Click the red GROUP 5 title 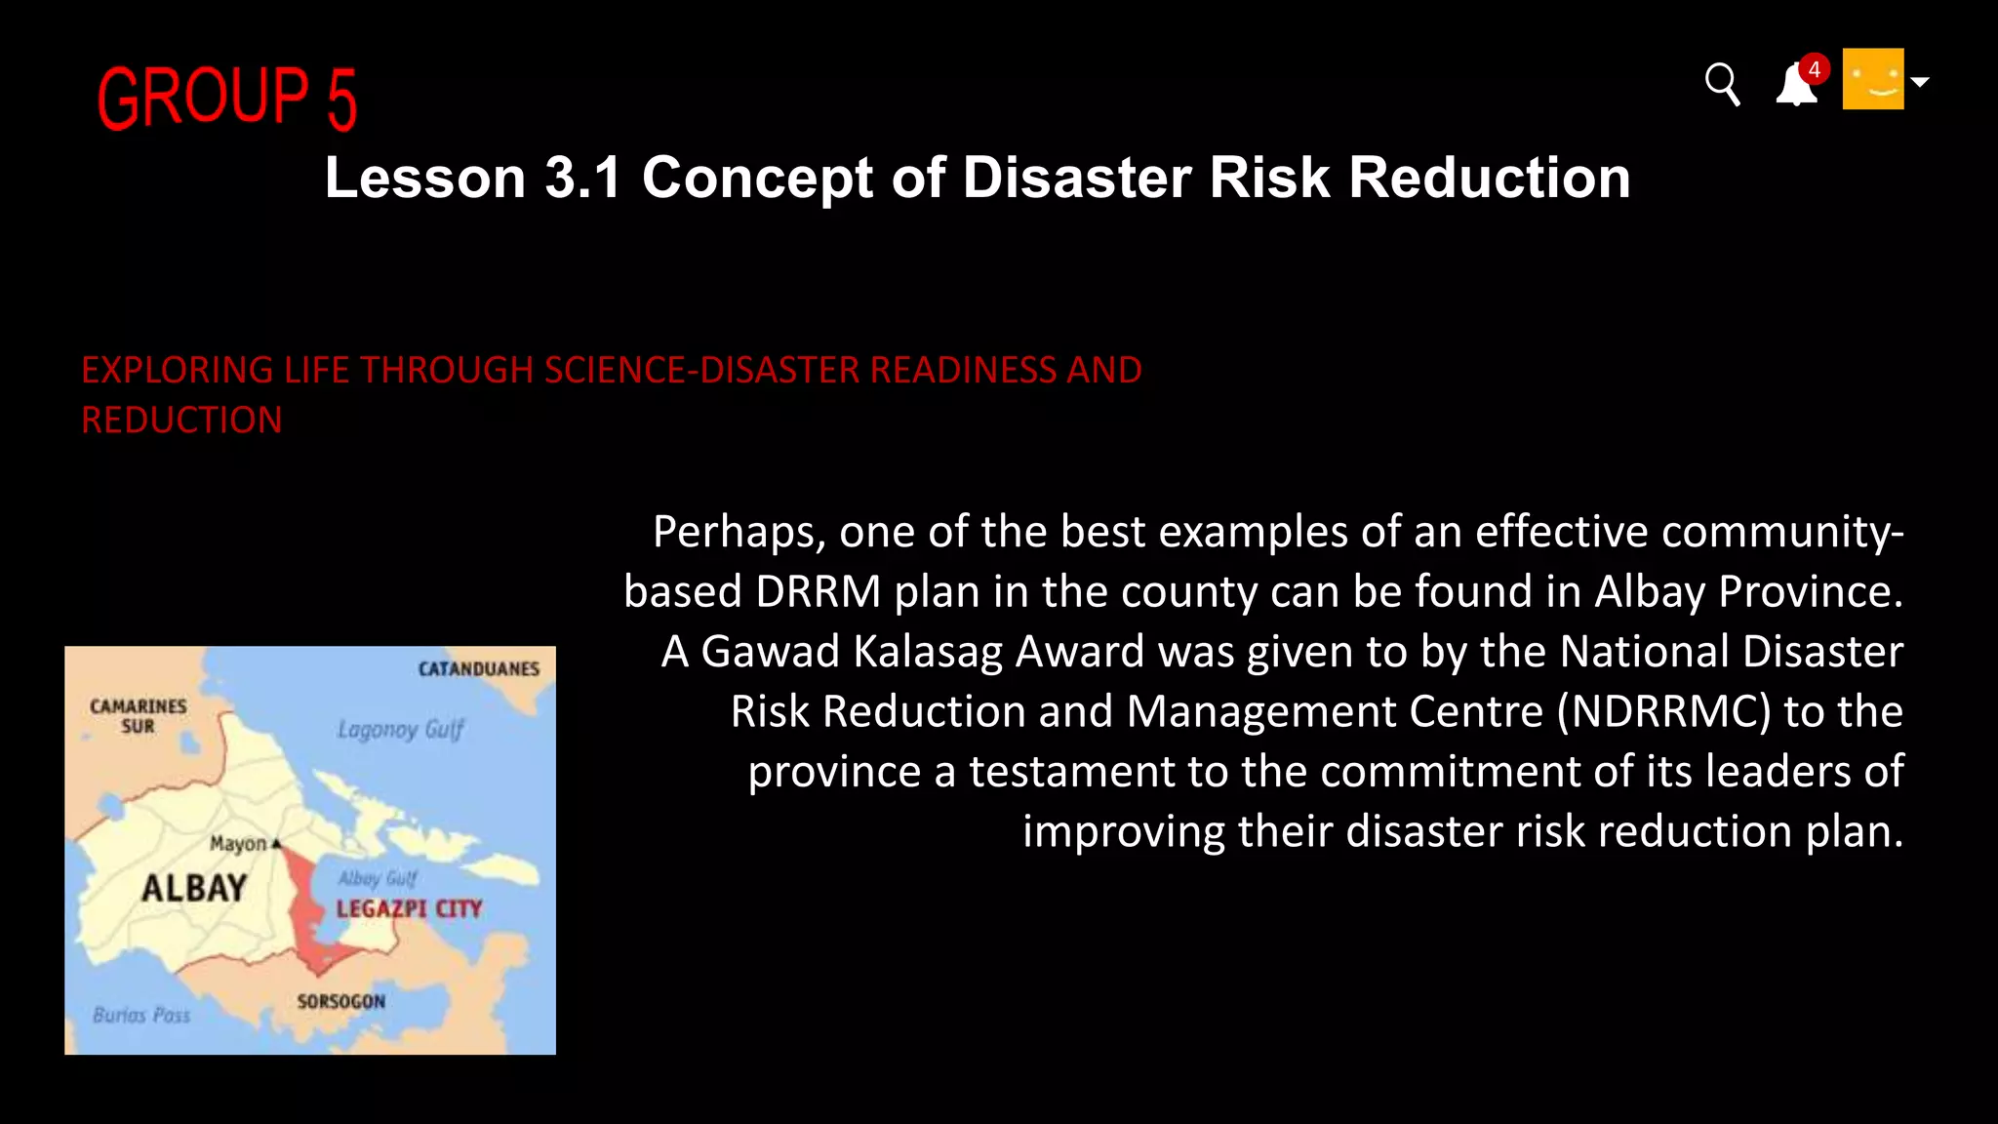coord(227,98)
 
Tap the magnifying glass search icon coord(1722,84)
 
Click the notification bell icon coord(1795,86)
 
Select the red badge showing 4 coord(1814,69)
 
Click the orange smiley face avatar coord(1872,79)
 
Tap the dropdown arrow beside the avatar coord(1919,82)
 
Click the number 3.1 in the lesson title coord(582,178)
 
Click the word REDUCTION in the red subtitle coord(181,421)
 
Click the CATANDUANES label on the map coord(478,669)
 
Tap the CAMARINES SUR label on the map coord(138,715)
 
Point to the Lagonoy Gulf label coord(400,729)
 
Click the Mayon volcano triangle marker coord(276,843)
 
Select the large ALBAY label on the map coord(194,888)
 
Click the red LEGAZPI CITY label coord(409,909)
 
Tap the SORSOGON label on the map coord(340,1001)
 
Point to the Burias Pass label coord(141,1015)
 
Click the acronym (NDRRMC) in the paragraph coord(1663,711)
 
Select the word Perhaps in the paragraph coord(739,533)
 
